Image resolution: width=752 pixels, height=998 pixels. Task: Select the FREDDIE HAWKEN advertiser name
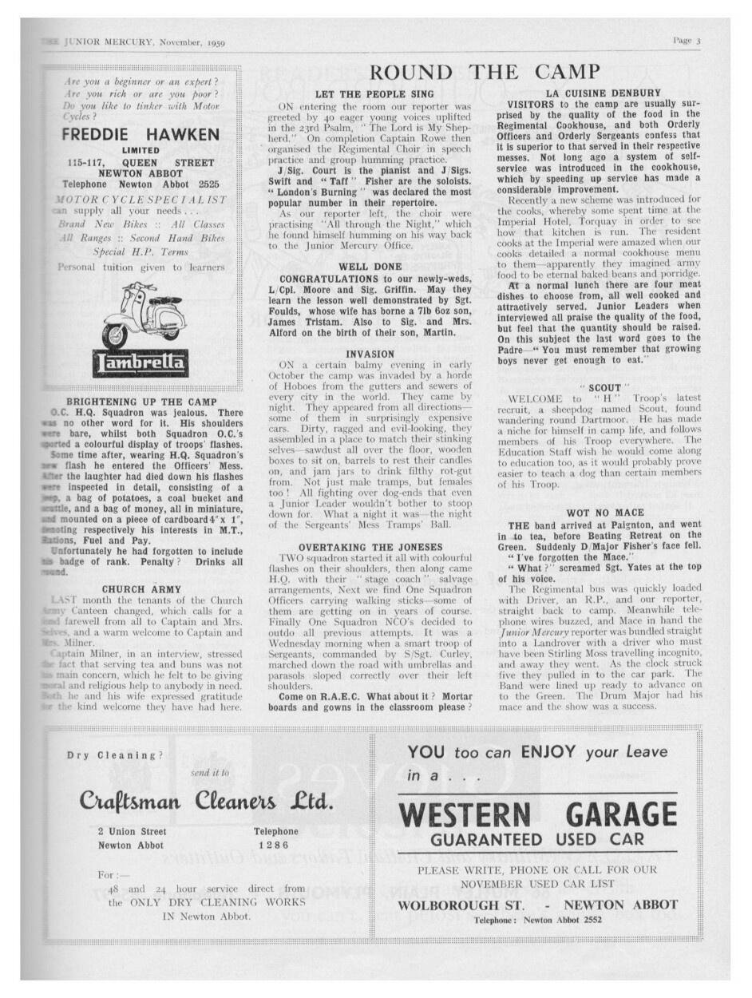[140, 135]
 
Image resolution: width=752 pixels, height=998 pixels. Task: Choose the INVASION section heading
[370, 354]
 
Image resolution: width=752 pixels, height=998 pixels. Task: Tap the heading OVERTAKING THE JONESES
[370, 547]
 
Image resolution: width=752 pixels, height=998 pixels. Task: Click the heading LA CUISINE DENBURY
[592, 93]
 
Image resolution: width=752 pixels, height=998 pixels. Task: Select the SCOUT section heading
[591, 387]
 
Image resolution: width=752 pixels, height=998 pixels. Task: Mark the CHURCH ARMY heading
[141, 590]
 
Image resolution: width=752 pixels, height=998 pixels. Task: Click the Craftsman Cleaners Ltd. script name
[206, 800]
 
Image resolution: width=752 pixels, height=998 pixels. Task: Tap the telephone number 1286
[275, 845]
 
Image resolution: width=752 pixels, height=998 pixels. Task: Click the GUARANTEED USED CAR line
[536, 840]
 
